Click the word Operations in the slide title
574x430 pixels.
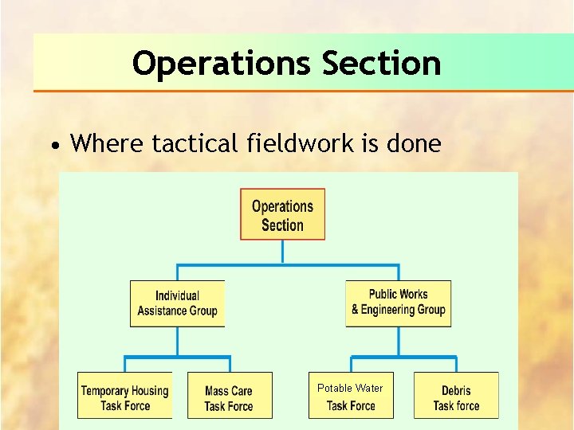pos(222,63)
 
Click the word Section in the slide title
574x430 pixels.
pos(381,63)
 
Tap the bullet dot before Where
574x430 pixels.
pos(53,146)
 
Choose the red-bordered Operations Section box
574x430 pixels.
pos(283,214)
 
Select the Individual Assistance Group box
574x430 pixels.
pos(177,303)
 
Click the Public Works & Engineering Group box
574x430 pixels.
pos(398,303)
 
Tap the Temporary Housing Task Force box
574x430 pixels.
pos(124,395)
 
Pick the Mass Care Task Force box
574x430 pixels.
pos(229,395)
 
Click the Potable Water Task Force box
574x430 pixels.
pos(350,395)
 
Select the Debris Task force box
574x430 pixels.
pos(456,395)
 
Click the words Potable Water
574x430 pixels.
pos(350,388)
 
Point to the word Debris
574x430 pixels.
pos(456,390)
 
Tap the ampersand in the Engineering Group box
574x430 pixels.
pos(356,310)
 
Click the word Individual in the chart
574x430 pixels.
pos(177,296)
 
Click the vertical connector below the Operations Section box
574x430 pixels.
pos(283,252)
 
